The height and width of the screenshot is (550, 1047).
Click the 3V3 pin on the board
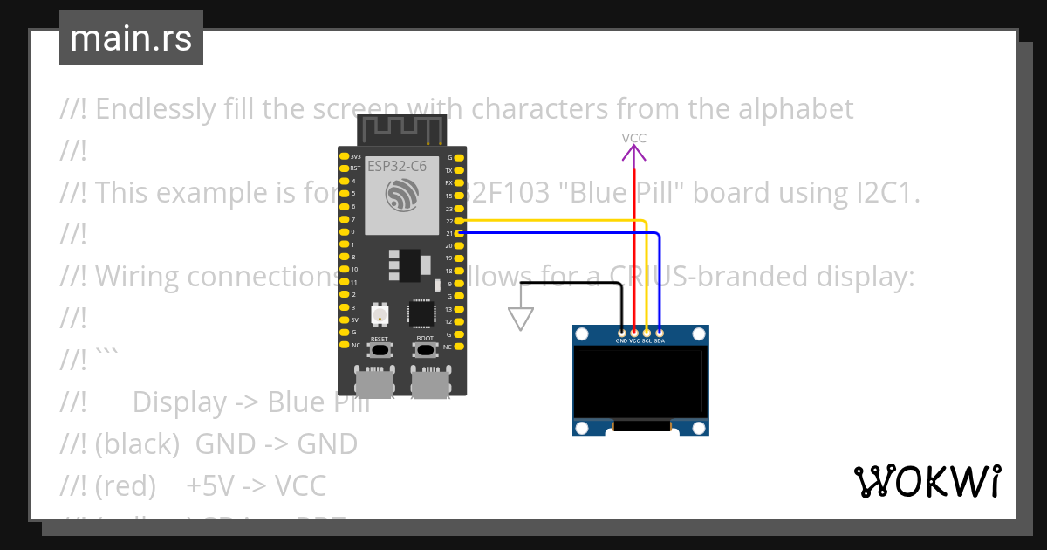344,157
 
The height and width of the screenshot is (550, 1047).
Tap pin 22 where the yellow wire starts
460,221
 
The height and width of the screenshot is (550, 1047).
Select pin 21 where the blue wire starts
460,233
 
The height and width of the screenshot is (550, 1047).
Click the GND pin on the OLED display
621,333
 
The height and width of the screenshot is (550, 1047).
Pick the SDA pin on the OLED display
659,333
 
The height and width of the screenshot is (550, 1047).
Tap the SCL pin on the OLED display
647,333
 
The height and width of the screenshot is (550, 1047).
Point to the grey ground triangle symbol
521,320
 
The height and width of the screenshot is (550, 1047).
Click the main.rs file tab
131,38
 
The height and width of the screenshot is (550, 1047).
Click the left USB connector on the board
373,382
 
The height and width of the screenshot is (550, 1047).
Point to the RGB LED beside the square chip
380,313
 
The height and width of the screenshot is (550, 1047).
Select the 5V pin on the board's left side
344,320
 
